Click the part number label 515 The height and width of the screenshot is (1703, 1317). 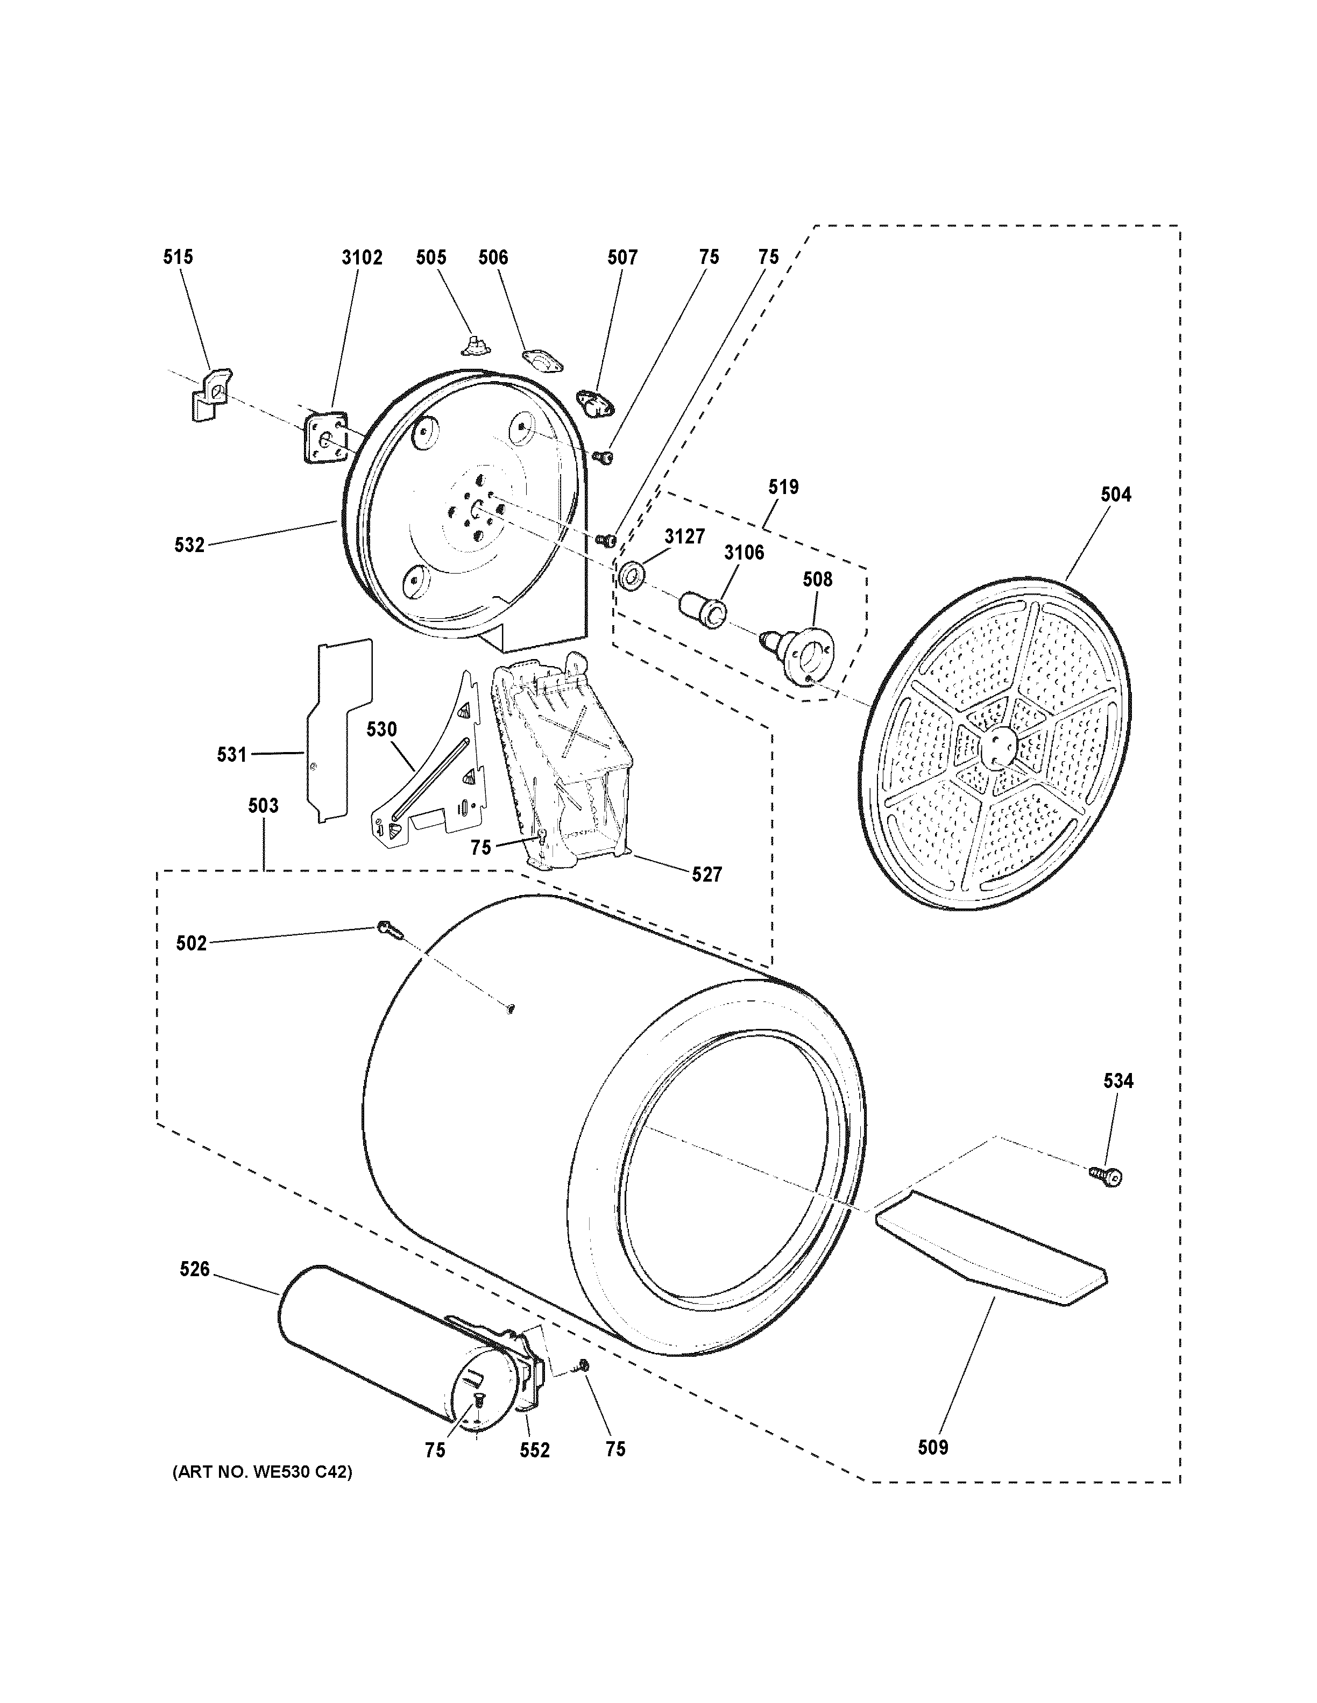pos(178,257)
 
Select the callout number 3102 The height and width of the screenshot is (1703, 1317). pos(362,258)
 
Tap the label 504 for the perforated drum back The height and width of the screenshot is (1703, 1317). pos(1116,495)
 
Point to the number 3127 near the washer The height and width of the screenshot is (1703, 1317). pos(684,536)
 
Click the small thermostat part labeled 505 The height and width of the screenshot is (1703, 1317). pos(471,344)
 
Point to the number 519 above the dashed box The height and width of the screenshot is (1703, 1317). pos(783,488)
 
